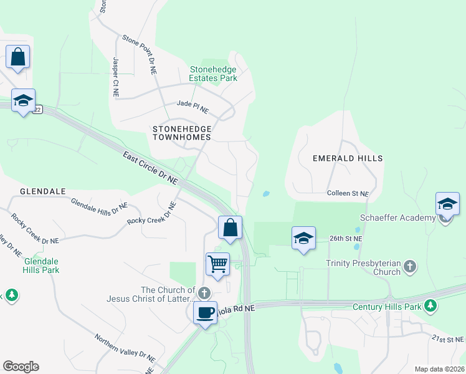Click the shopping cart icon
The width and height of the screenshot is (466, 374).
click(217, 263)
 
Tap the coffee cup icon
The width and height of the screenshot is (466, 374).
click(205, 312)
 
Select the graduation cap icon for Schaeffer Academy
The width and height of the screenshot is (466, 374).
click(447, 204)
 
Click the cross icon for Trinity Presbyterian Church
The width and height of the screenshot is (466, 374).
click(409, 267)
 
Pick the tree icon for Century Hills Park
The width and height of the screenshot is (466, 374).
click(430, 305)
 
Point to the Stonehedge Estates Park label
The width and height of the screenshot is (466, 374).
click(214, 74)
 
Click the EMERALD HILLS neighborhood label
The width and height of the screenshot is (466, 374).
click(347, 158)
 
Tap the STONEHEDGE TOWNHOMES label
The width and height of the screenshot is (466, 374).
click(182, 132)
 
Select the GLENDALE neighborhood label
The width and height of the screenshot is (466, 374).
click(43, 191)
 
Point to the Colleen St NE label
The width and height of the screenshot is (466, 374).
click(348, 194)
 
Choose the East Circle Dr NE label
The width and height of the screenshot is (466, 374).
click(150, 167)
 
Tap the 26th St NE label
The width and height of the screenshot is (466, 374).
click(346, 238)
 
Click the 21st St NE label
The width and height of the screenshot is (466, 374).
click(448, 338)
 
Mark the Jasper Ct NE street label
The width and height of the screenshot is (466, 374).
click(116, 77)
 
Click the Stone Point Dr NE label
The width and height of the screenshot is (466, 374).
click(139, 54)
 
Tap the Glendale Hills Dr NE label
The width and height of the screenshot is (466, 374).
click(99, 207)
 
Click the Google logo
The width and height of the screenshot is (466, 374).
click(21, 367)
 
